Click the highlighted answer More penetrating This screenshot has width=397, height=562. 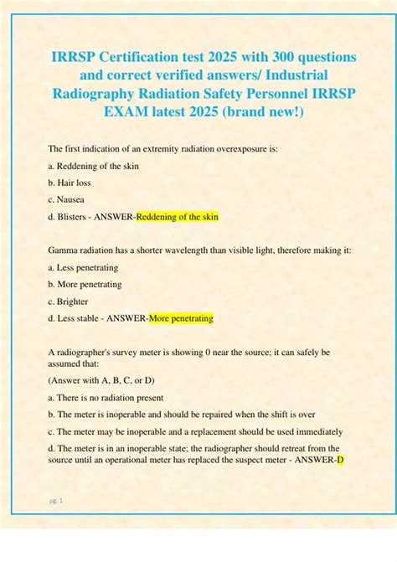point(181,318)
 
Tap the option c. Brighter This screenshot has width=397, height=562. point(69,302)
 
